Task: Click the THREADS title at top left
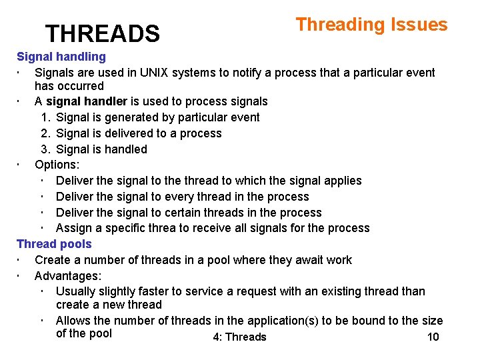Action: click(102, 33)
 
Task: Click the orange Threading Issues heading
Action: click(371, 25)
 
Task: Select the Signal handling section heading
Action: click(61, 57)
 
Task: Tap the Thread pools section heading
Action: click(54, 244)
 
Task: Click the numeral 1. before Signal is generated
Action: click(45, 117)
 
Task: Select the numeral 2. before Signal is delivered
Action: click(45, 133)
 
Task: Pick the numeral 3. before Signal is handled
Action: click(45, 149)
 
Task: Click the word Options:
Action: click(57, 165)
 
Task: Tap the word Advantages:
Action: click(67, 275)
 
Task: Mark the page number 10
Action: click(433, 337)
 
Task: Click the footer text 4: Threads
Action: click(239, 337)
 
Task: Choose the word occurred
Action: click(82, 86)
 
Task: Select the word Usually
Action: click(77, 291)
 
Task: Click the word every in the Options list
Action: click(179, 197)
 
